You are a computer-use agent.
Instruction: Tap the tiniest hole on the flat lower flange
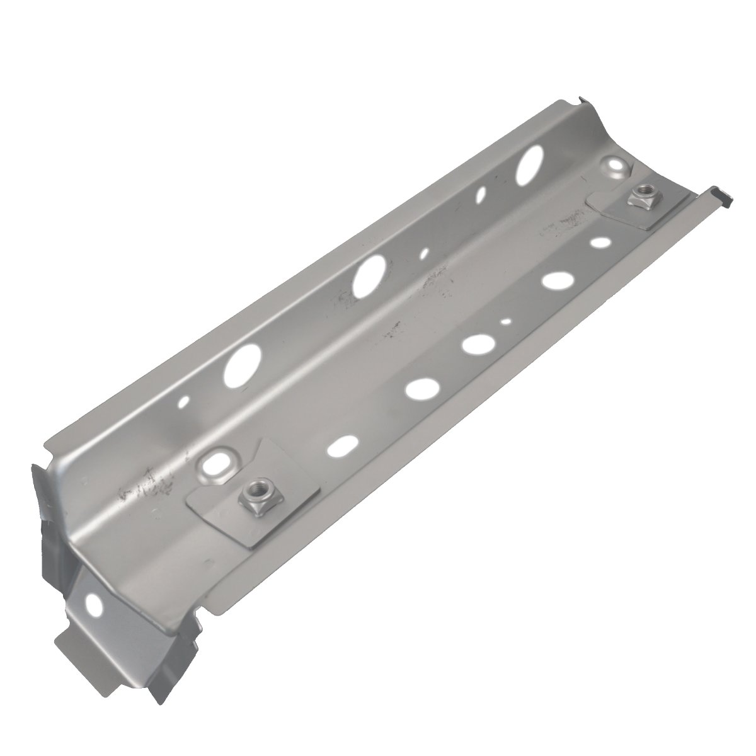pos(506,322)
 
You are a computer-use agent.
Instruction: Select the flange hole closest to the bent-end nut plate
pos(340,448)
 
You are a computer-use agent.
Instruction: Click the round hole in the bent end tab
pos(96,604)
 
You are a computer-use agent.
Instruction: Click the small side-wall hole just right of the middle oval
pos(424,253)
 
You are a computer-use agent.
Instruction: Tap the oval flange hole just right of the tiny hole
pos(554,280)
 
